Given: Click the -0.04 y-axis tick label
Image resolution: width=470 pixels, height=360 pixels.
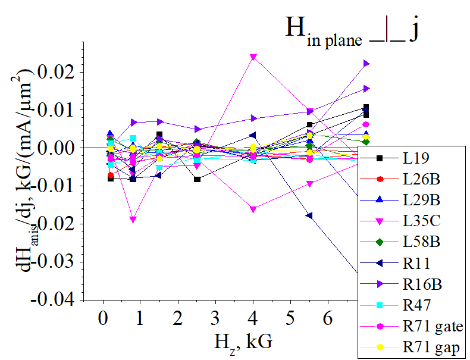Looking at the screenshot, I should (53, 299).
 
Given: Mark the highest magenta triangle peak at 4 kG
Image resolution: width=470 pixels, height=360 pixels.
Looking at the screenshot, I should (253, 58).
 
